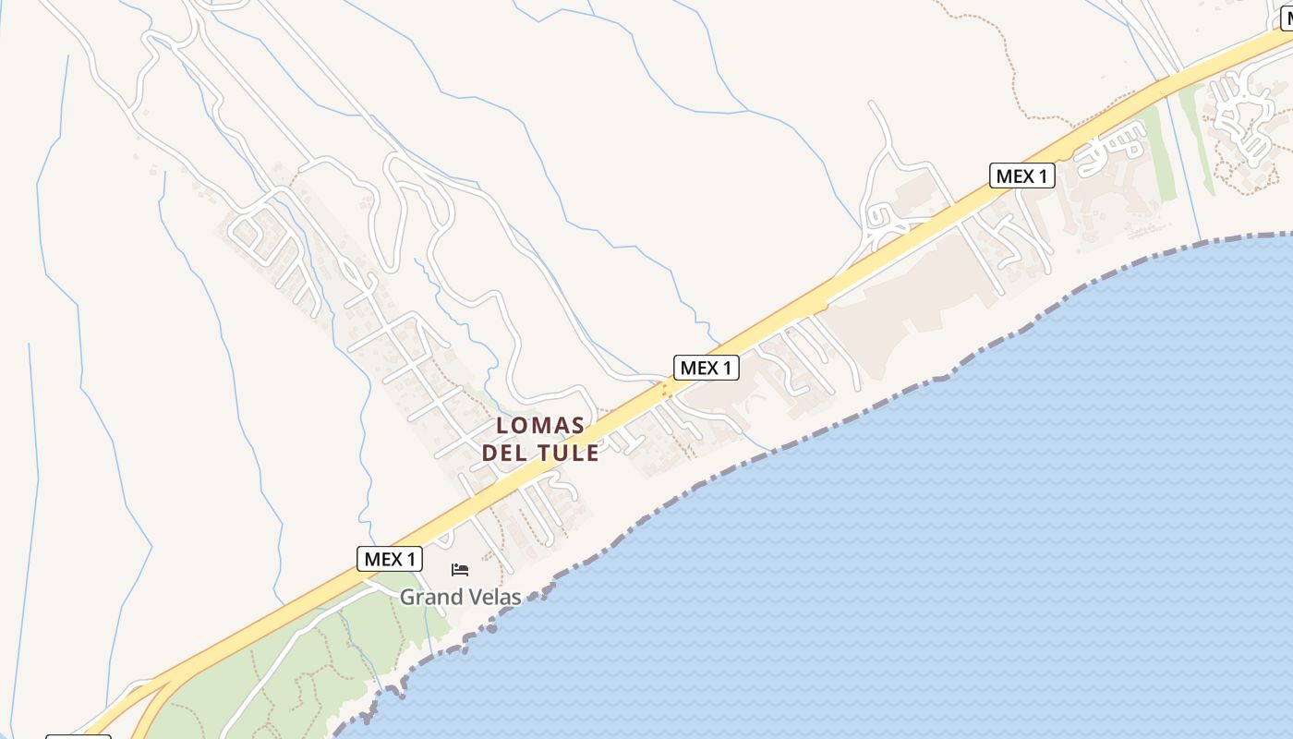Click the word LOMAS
(540, 426)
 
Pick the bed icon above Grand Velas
(460, 569)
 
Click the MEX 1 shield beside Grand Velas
(390, 559)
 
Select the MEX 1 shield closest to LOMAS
(707, 368)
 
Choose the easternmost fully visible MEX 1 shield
(1022, 176)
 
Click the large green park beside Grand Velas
(305, 647)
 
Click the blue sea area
(924, 554)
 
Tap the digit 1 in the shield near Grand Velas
(412, 559)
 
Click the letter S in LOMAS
(578, 426)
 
